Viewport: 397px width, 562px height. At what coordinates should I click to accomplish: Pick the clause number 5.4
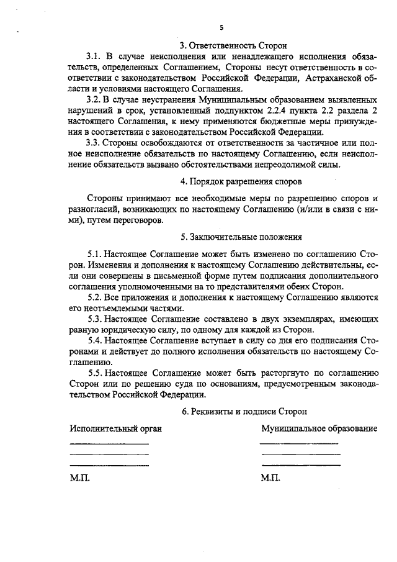(96, 341)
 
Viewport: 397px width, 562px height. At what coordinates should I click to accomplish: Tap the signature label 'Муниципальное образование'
(319, 430)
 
